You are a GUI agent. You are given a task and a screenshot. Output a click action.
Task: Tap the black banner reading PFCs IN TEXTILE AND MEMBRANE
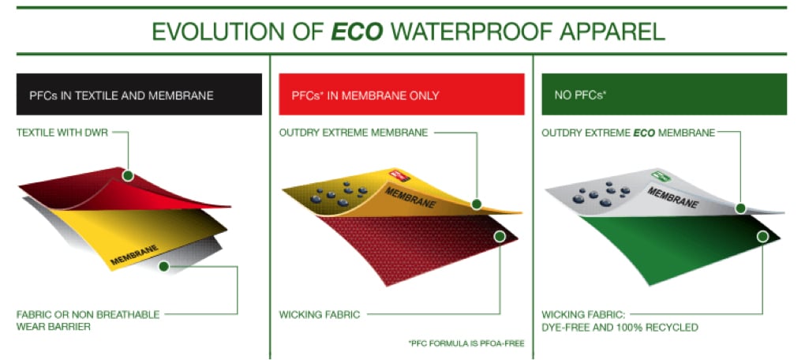(x=139, y=95)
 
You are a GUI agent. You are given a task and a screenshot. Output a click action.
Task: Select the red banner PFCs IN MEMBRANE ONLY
(x=402, y=95)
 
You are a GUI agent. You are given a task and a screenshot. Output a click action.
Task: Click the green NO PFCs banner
(x=665, y=95)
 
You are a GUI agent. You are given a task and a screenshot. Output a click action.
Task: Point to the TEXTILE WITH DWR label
(x=63, y=133)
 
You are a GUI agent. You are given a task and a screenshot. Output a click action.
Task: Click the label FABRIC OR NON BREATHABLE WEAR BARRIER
(x=88, y=320)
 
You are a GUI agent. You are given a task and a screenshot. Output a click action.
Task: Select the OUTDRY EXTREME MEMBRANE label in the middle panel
(x=354, y=133)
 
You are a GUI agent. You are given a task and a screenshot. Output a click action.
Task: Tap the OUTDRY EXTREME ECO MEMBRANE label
(x=628, y=133)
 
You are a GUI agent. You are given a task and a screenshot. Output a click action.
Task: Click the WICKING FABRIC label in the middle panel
(x=320, y=314)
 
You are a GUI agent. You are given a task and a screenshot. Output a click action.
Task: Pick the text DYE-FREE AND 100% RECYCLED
(x=620, y=327)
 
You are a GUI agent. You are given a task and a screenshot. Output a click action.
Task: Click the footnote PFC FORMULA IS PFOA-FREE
(x=466, y=343)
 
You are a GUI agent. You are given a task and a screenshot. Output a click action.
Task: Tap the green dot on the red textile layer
(x=128, y=175)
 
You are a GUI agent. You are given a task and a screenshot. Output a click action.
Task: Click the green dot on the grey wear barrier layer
(x=164, y=266)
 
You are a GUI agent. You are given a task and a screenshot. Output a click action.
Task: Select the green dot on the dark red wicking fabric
(x=499, y=237)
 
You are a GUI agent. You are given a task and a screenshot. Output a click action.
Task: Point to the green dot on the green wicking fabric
(x=762, y=237)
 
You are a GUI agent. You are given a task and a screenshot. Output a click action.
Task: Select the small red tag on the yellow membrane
(x=401, y=176)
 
